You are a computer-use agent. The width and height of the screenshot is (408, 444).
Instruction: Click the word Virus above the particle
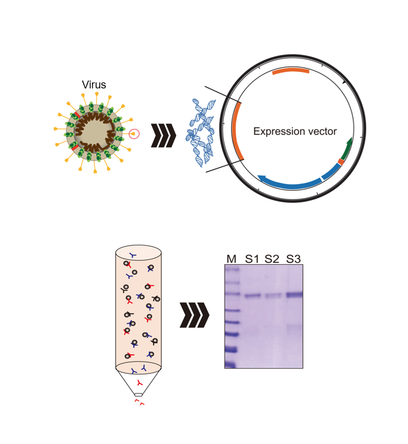pyautogui.click(x=94, y=85)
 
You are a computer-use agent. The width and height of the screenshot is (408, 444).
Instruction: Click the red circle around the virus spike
pyautogui.click(x=134, y=134)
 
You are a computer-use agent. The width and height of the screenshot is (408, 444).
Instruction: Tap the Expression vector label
pyautogui.click(x=295, y=131)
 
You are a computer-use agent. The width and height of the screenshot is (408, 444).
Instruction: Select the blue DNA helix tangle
pyautogui.click(x=201, y=133)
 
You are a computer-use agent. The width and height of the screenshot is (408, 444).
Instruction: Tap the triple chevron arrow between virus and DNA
pyautogui.click(x=163, y=135)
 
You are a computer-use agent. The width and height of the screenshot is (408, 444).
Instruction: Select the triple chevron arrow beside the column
pyautogui.click(x=194, y=315)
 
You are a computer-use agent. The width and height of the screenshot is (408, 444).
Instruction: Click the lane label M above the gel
pyautogui.click(x=231, y=259)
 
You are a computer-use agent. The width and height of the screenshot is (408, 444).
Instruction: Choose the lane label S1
pyautogui.click(x=252, y=259)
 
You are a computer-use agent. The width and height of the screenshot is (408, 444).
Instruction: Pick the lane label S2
pyautogui.click(x=272, y=259)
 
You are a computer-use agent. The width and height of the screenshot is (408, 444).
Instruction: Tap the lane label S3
pyautogui.click(x=294, y=259)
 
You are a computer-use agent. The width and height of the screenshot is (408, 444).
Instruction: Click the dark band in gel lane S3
pyautogui.click(x=295, y=295)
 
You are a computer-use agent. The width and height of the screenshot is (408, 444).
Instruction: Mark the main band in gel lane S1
pyautogui.click(x=252, y=296)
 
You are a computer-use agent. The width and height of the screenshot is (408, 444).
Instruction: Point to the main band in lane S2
pyautogui.click(x=273, y=296)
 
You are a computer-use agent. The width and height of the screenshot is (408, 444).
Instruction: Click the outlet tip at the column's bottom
pyautogui.click(x=139, y=394)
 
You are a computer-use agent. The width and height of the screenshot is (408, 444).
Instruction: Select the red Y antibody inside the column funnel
pyautogui.click(x=139, y=383)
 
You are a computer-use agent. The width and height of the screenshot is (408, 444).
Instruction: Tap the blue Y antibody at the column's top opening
pyautogui.click(x=133, y=256)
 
